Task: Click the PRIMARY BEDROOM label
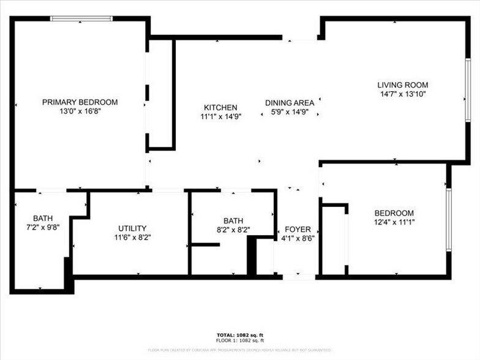(x=80, y=102)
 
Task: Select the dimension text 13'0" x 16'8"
(x=80, y=111)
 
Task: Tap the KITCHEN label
(x=220, y=107)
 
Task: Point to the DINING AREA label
(x=290, y=103)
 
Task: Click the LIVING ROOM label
(x=402, y=85)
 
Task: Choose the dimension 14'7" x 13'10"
(x=402, y=94)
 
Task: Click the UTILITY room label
(x=132, y=228)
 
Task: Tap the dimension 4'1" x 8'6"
(x=298, y=238)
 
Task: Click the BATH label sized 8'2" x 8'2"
(x=233, y=221)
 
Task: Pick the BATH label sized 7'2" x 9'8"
(x=43, y=218)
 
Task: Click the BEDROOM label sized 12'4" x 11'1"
(x=394, y=213)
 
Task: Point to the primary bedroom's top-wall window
(x=81, y=19)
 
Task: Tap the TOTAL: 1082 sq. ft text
(x=239, y=336)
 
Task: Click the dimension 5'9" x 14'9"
(x=290, y=112)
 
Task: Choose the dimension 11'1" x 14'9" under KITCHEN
(x=220, y=116)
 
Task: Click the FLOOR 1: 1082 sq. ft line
(x=239, y=340)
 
